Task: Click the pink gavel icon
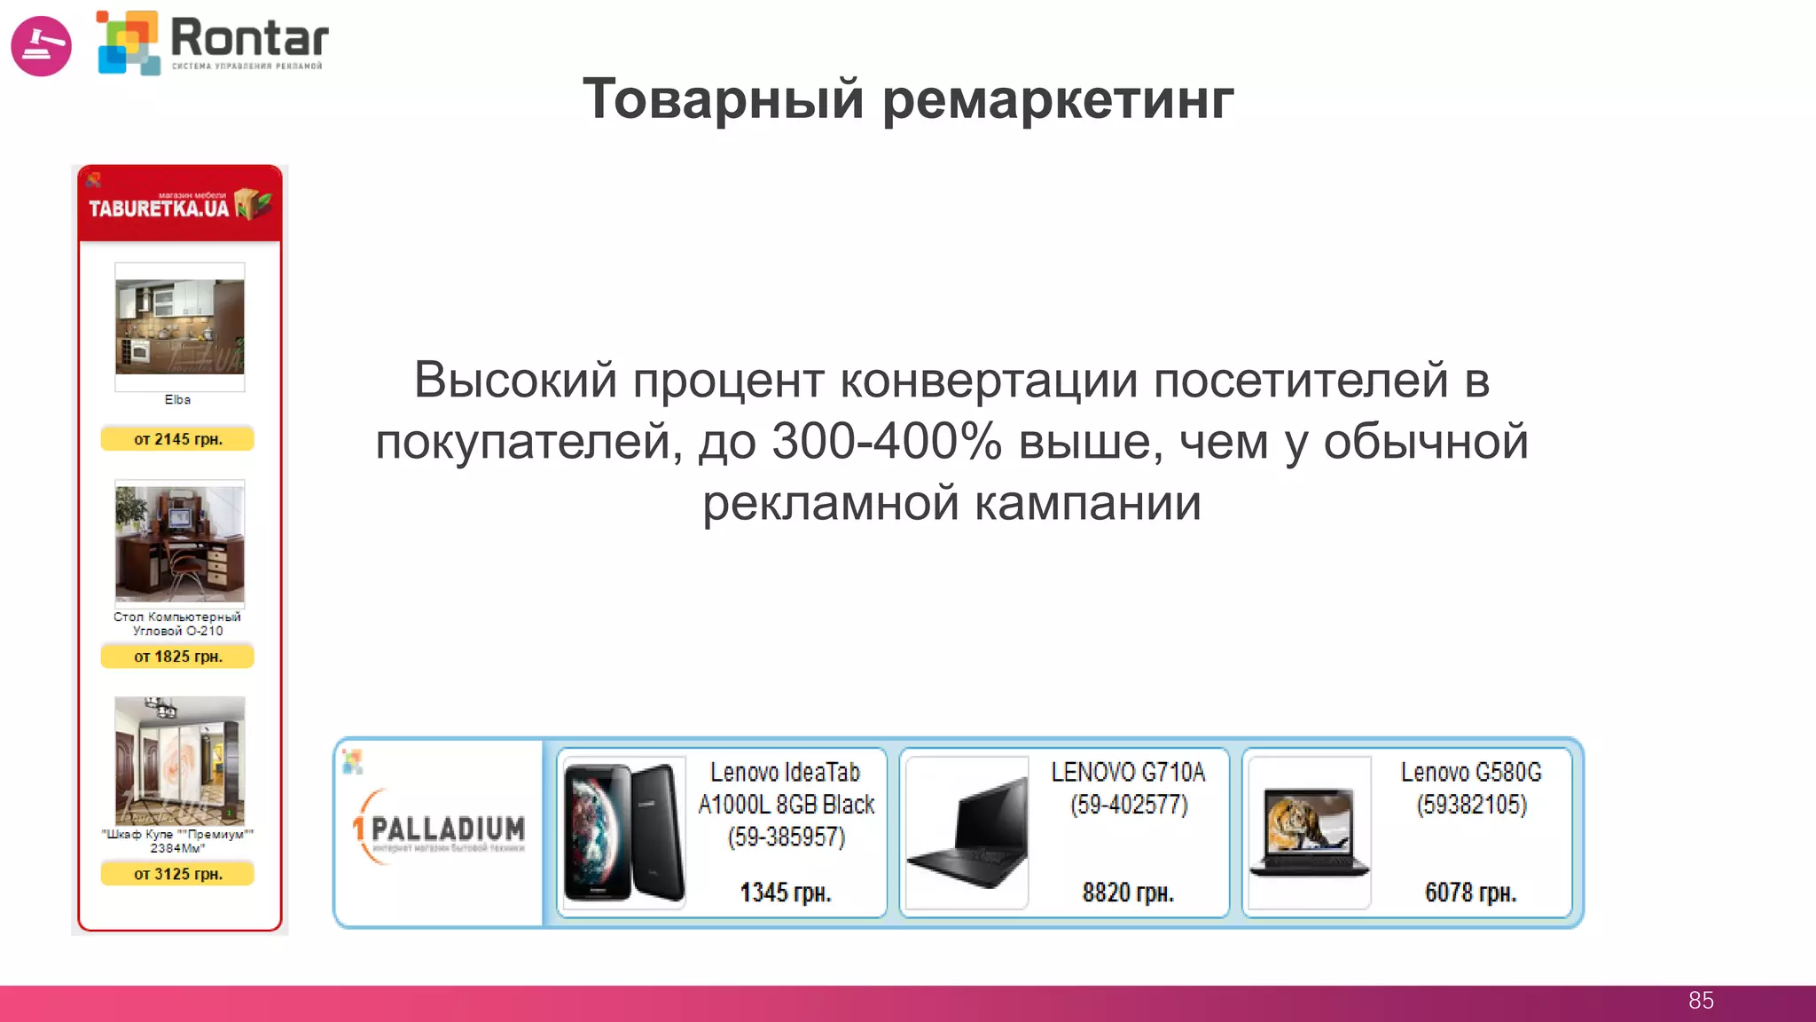tap(41, 45)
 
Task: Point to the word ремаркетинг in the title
tap(1058, 98)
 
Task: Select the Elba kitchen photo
tap(180, 326)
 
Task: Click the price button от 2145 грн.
tap(178, 439)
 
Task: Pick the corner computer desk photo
tap(180, 543)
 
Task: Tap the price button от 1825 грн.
tap(178, 656)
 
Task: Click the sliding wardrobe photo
tap(180, 760)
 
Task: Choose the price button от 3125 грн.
tap(178, 874)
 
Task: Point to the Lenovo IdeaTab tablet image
tap(624, 832)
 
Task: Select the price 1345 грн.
tap(786, 892)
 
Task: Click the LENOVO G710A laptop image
tap(967, 832)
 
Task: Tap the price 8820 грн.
tap(1128, 892)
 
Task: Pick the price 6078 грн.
tap(1470, 892)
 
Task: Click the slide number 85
tap(1701, 1001)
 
